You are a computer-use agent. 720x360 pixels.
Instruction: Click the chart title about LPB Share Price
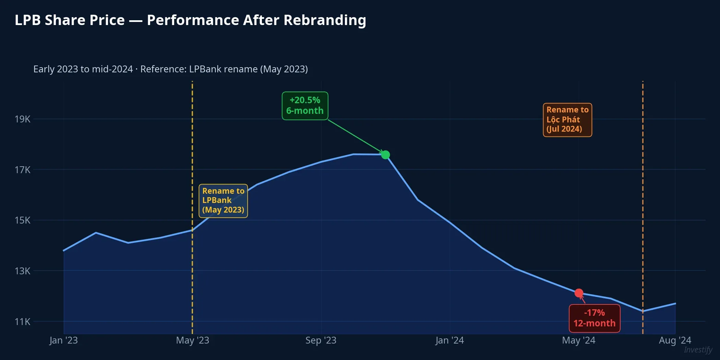click(190, 20)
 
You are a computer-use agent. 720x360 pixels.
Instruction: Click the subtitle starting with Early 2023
click(170, 69)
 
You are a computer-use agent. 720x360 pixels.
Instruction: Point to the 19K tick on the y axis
click(22, 119)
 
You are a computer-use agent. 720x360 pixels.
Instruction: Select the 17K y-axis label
click(22, 170)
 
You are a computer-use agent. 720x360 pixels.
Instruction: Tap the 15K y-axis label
click(22, 220)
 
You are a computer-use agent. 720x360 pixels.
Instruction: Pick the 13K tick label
click(22, 271)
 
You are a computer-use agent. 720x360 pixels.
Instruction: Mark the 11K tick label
click(22, 322)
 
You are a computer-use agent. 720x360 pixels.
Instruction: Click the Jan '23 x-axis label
click(63, 340)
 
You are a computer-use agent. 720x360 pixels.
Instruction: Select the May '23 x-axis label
click(192, 340)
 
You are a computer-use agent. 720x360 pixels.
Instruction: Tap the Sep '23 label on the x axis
click(321, 340)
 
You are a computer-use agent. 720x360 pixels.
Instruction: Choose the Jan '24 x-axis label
click(449, 340)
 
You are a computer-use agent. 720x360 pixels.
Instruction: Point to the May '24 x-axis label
click(579, 340)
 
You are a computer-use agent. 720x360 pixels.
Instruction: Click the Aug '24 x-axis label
click(675, 340)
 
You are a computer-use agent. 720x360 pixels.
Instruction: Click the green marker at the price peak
click(385, 155)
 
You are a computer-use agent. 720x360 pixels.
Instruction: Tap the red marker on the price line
click(579, 293)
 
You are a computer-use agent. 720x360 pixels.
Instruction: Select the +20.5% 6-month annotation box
click(305, 106)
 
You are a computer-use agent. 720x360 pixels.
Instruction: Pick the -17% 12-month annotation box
click(595, 318)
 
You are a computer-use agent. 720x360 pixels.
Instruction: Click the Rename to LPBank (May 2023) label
click(223, 201)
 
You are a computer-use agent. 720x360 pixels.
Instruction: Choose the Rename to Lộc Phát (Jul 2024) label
click(567, 120)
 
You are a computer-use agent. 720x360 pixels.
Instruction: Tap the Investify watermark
click(698, 350)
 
